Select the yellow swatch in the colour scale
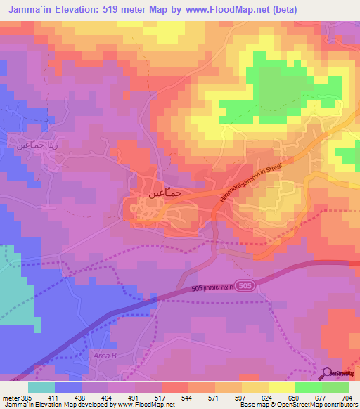pyautogui.click(x=282, y=387)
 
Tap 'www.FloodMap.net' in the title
pyautogui.click(x=215, y=9)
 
